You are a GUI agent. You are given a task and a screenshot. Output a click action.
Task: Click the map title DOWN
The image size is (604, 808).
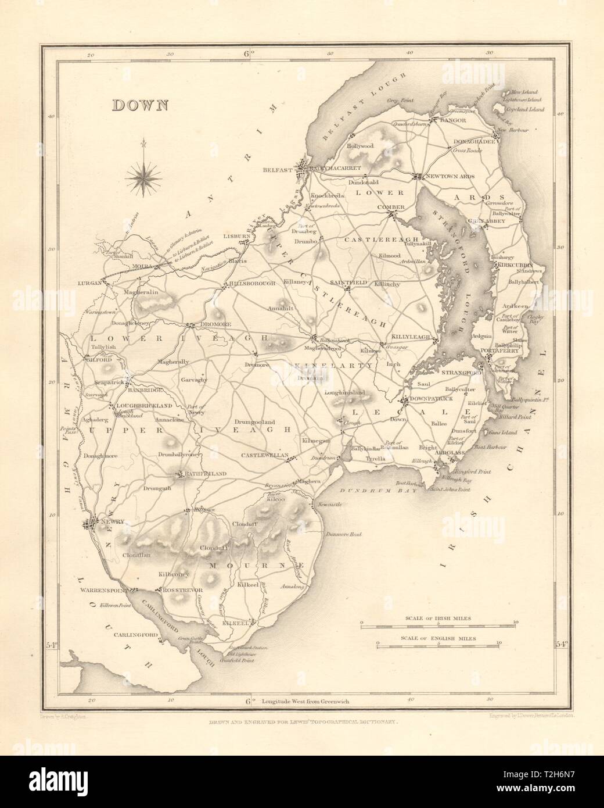139,105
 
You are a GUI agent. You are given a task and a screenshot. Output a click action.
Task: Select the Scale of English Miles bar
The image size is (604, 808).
437,645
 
